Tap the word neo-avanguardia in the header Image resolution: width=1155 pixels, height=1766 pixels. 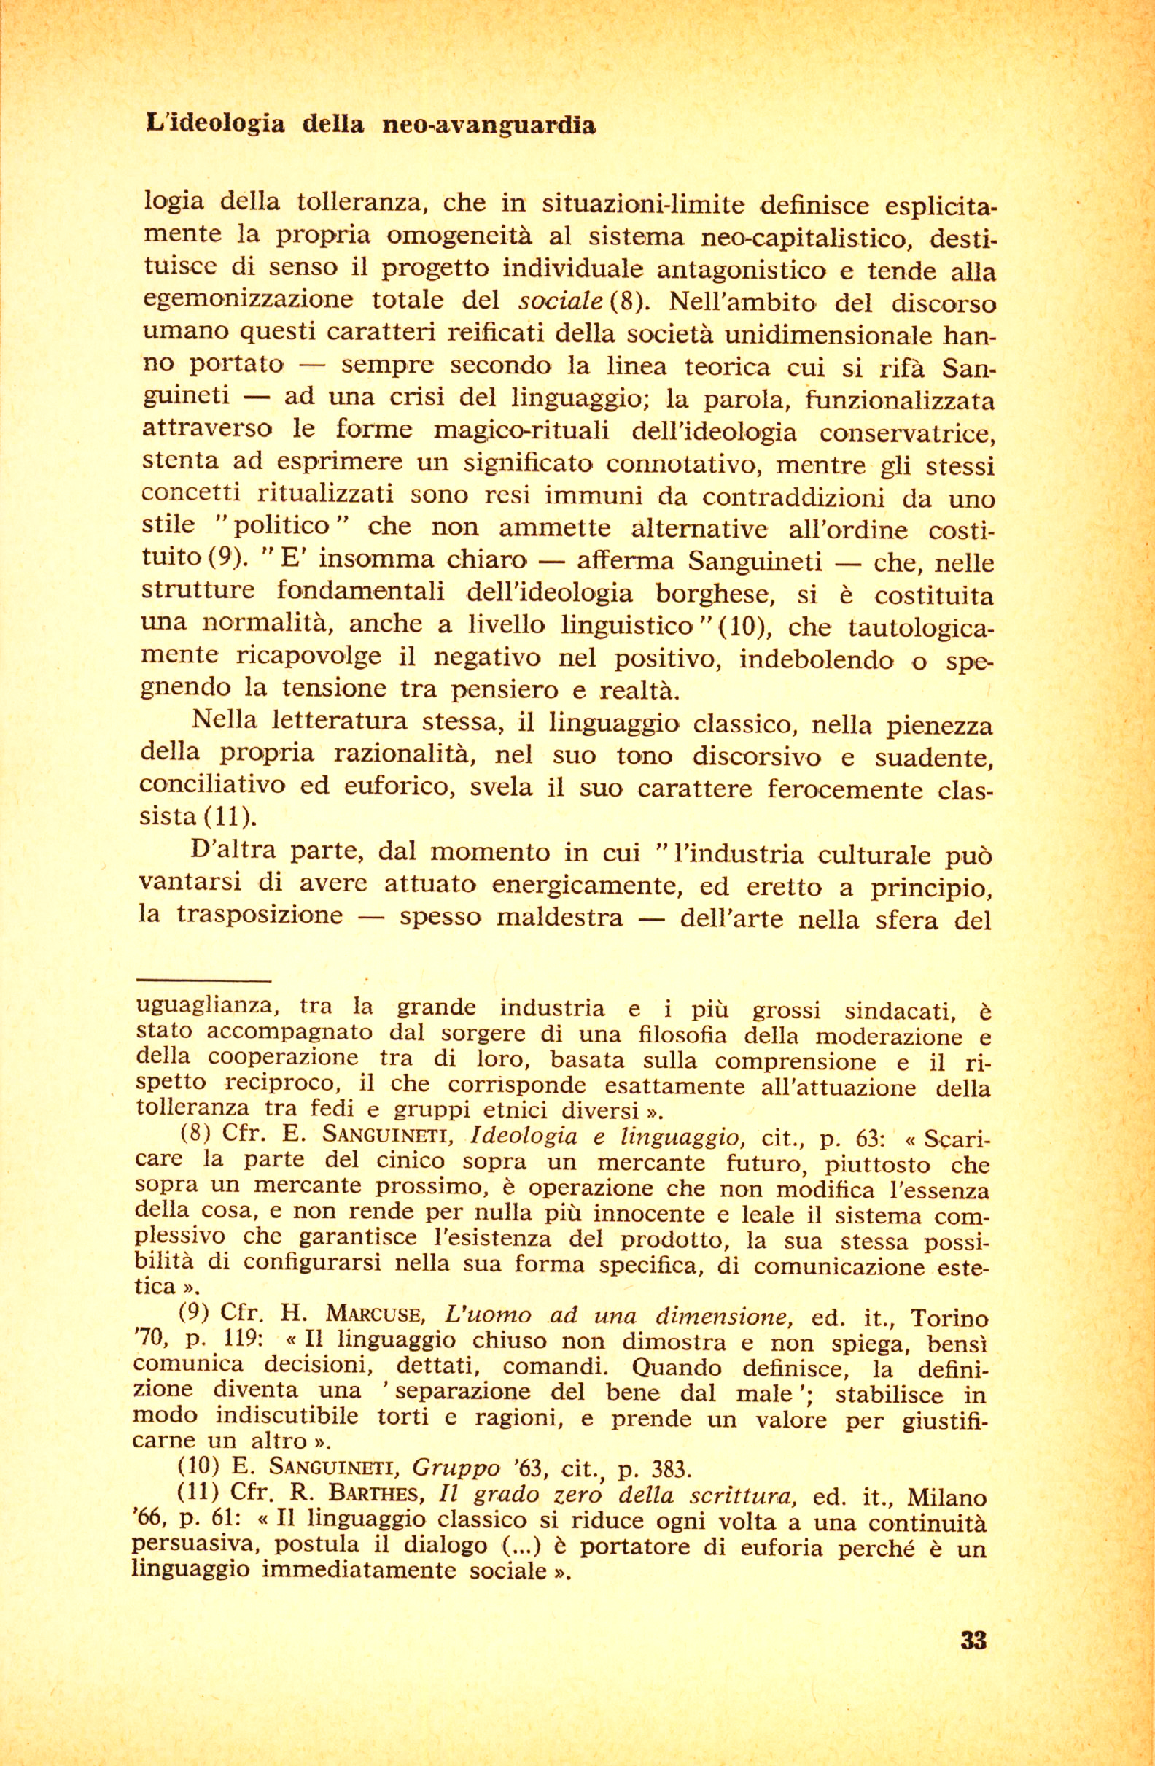488,125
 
